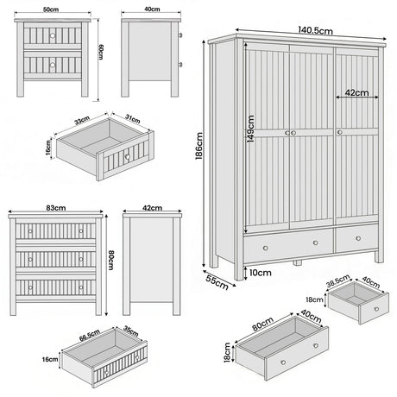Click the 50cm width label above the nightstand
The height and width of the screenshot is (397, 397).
(x=52, y=8)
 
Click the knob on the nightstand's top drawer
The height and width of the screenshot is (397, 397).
(x=52, y=35)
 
